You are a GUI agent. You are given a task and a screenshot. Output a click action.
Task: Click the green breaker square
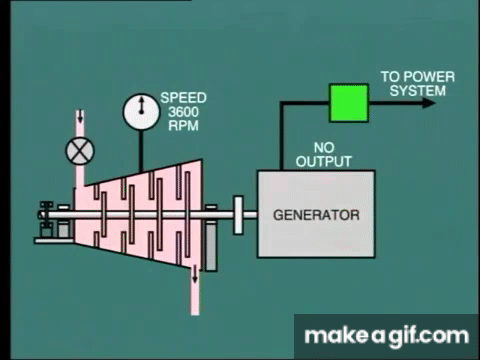[349, 103]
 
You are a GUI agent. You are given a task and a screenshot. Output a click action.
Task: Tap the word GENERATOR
[316, 215]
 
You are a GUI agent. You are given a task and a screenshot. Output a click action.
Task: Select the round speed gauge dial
[141, 112]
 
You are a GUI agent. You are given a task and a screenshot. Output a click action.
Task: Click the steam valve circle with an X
[80, 151]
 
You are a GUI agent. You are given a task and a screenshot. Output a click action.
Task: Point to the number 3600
[183, 112]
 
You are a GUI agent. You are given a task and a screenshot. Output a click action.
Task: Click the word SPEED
[183, 98]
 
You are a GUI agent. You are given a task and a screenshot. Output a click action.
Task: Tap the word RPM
[183, 126]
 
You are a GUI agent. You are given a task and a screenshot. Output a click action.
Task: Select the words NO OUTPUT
[324, 155]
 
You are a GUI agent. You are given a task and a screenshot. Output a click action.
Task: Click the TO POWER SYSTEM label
[418, 84]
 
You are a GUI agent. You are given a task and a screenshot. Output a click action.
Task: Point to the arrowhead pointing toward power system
[429, 103]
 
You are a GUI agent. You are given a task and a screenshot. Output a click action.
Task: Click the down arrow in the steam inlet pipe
[80, 117]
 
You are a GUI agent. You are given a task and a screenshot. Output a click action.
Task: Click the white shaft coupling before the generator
[238, 215]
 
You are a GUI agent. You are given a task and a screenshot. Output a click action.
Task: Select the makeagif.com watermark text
[387, 336]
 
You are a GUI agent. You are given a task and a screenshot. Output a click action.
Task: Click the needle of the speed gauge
[142, 105]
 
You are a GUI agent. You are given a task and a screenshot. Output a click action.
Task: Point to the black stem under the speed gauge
[141, 151]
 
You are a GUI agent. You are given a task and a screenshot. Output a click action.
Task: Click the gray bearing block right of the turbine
[211, 247]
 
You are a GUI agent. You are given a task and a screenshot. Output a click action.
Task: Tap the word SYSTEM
[418, 91]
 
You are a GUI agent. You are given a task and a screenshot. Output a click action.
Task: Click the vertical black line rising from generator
[282, 137]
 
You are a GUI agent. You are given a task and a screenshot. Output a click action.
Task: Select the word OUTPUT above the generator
[324, 162]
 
